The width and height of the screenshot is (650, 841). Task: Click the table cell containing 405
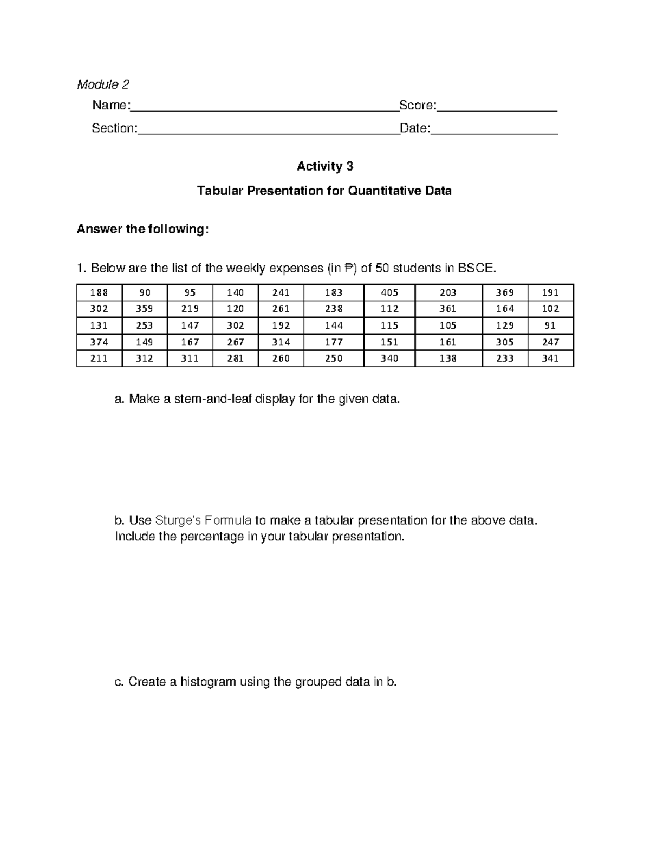tap(389, 292)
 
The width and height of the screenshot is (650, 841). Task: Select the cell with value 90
tap(145, 292)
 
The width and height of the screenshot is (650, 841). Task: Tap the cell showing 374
tap(99, 342)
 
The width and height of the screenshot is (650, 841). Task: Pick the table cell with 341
tap(550, 358)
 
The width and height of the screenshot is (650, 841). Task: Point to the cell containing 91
tap(550, 325)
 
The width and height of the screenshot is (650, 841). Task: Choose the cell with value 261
tap(281, 309)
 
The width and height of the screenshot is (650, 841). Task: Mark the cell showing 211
tap(99, 358)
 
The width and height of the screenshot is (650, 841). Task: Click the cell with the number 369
tap(505, 292)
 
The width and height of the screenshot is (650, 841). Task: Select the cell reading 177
tap(334, 342)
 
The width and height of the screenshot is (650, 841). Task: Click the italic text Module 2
tap(103, 84)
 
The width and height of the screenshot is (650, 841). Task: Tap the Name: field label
tap(111, 105)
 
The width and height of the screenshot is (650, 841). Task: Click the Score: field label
tap(418, 105)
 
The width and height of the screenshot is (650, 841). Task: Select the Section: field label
tap(114, 128)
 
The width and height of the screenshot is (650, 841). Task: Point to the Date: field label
tap(415, 128)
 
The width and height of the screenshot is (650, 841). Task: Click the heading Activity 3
tap(325, 166)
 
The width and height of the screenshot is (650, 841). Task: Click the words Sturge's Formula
tap(203, 520)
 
